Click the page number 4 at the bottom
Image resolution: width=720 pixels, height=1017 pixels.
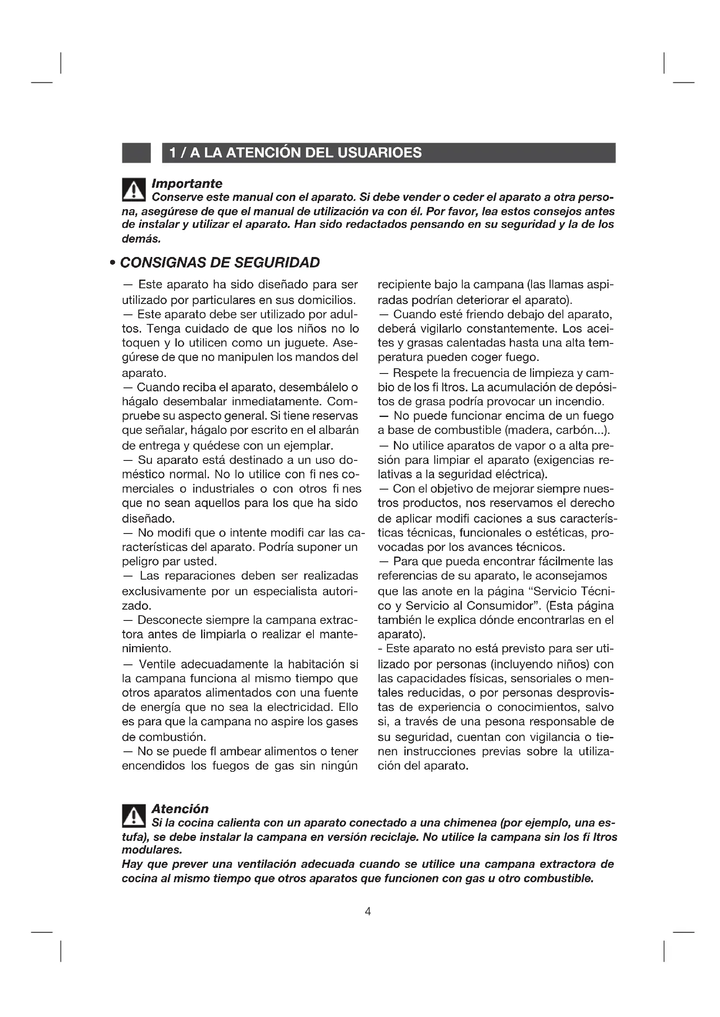pyautogui.click(x=367, y=911)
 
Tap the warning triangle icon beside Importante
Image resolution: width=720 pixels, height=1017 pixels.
pyautogui.click(x=134, y=189)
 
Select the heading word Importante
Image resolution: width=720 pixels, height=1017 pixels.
pyautogui.click(x=187, y=183)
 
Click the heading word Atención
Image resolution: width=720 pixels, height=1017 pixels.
pyautogui.click(x=180, y=809)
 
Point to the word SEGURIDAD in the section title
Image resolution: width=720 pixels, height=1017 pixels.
pyautogui.click(x=277, y=263)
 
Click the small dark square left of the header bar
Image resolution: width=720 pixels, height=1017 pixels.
pyautogui.click(x=136, y=153)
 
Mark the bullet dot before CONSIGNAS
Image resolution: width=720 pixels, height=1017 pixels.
pyautogui.click(x=113, y=263)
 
